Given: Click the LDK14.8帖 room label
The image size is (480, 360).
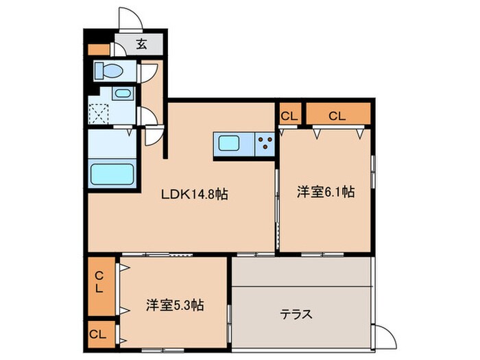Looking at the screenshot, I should [194, 194].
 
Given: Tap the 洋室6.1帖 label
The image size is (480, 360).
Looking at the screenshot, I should [325, 193].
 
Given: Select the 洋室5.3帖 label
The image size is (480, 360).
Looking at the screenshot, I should [174, 304].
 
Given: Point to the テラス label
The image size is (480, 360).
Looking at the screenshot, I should [296, 315].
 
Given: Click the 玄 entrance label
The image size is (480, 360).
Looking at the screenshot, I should [141, 45].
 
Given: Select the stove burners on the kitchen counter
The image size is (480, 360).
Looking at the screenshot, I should [265, 145].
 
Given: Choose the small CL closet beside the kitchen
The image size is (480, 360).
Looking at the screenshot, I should [289, 116].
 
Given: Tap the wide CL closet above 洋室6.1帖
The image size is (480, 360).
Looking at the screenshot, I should [337, 116].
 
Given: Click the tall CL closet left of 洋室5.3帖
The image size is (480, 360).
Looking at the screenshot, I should [100, 282].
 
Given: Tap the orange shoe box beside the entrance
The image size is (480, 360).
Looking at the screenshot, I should [97, 49].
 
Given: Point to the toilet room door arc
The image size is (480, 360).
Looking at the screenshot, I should [147, 73].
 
